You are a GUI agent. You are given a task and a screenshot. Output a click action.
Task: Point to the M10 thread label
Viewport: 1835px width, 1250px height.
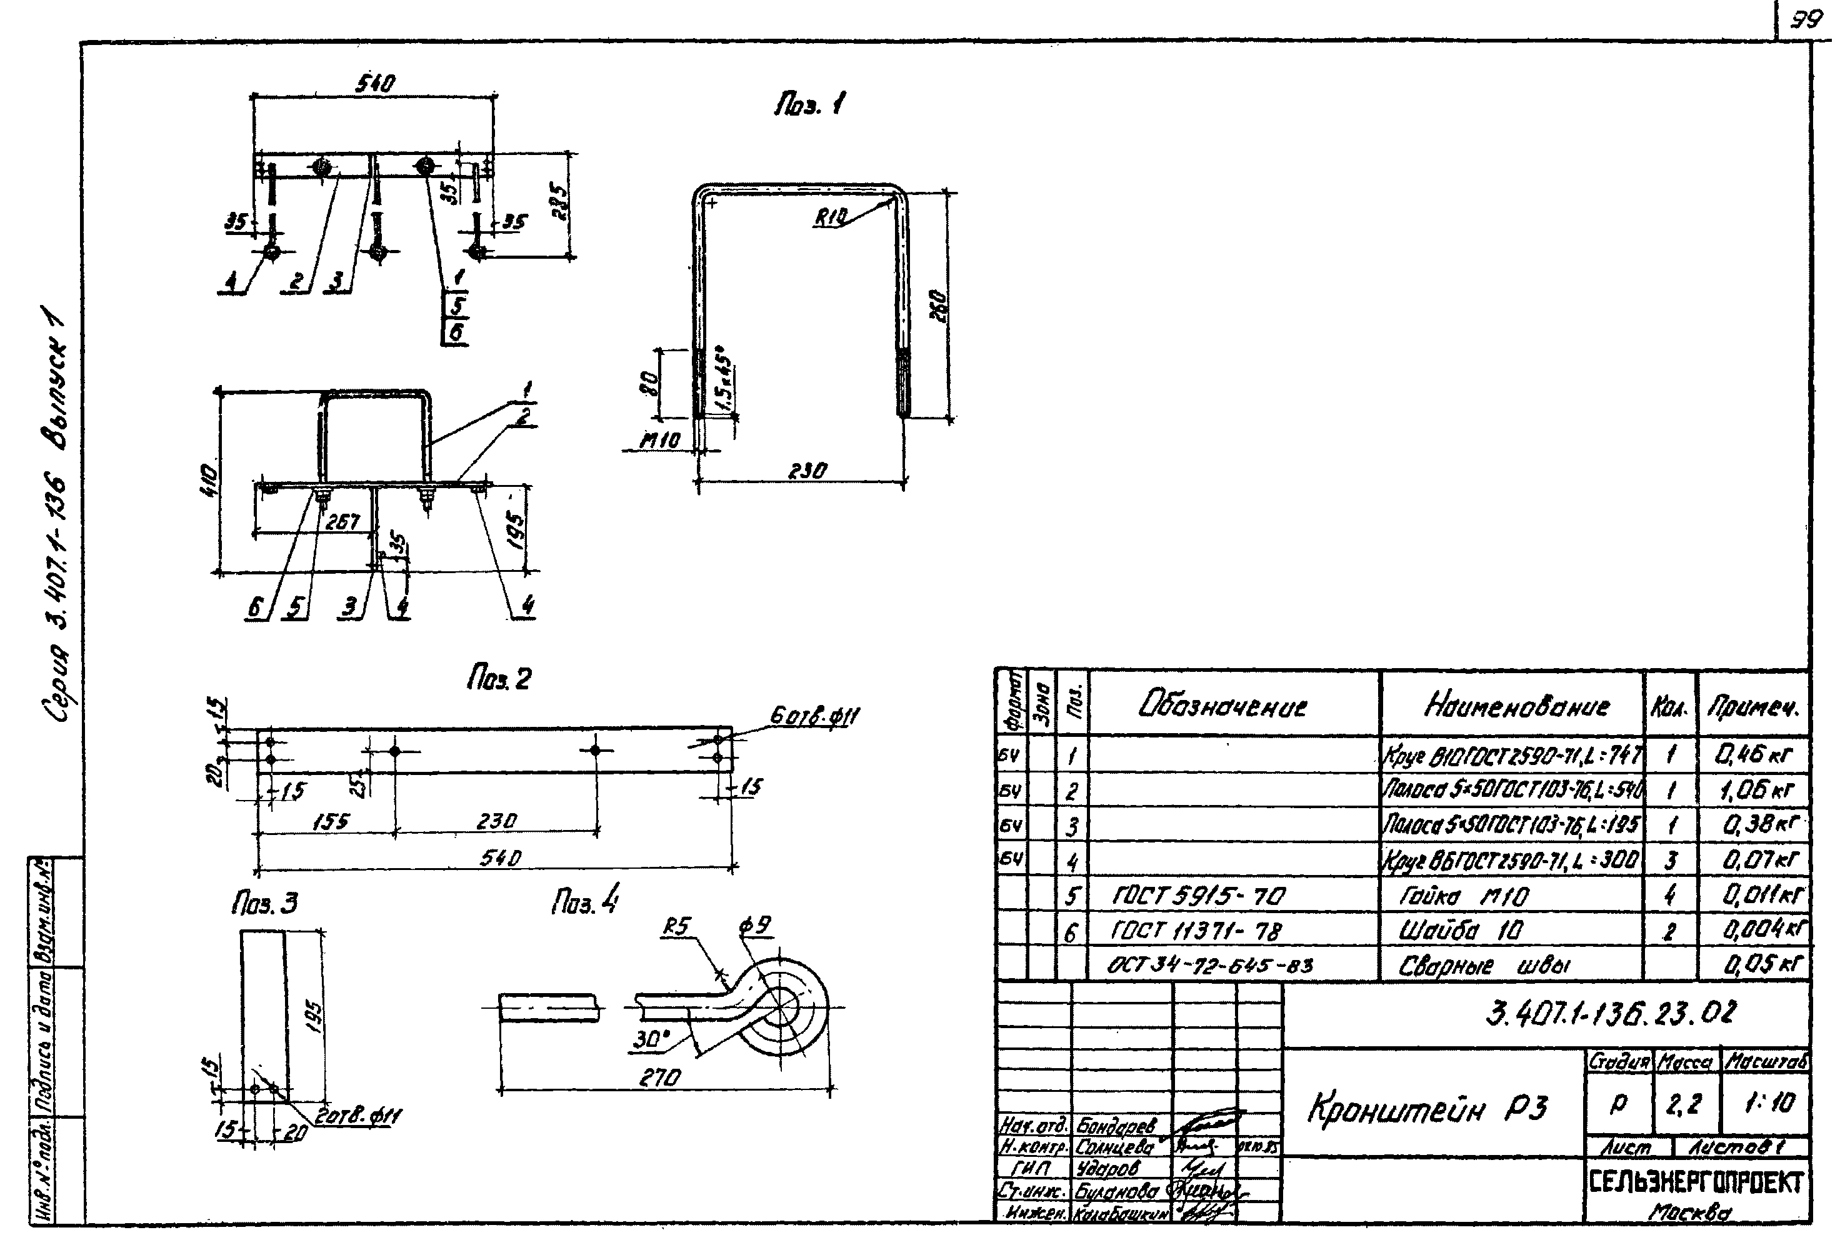(x=659, y=441)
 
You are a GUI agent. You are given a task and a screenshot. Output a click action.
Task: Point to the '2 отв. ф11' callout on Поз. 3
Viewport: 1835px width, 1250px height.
(x=357, y=1116)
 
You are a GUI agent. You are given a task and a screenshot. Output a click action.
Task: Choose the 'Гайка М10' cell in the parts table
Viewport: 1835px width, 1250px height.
(x=1464, y=896)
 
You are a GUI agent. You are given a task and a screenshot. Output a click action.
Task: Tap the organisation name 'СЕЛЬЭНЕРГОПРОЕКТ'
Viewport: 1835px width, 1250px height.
(x=1696, y=1182)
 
